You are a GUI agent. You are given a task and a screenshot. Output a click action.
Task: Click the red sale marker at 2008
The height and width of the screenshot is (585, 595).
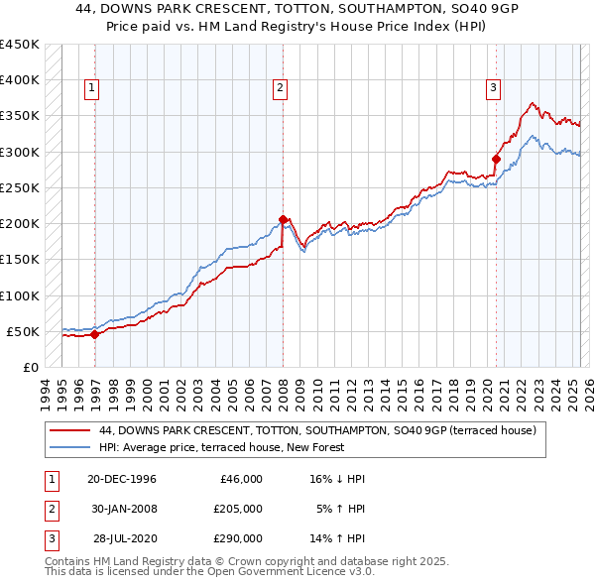point(283,219)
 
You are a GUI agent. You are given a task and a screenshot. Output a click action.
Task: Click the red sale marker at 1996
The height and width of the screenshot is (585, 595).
point(94,334)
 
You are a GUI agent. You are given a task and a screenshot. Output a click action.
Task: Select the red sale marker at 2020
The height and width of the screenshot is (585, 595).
point(496,158)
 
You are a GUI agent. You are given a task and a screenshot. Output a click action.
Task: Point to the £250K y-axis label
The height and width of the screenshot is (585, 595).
point(20,187)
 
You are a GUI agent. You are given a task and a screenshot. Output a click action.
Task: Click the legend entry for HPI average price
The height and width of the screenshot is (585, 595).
point(221,447)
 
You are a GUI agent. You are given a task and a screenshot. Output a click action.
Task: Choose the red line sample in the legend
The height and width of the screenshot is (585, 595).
point(69,430)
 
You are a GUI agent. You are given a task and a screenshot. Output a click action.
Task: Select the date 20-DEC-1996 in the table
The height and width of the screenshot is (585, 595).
point(122,479)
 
